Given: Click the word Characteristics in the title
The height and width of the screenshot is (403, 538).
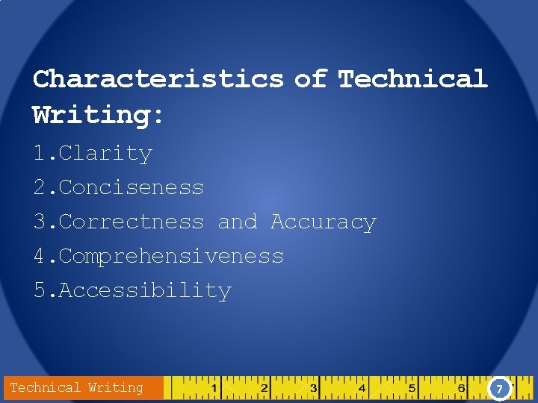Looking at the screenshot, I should (158, 78).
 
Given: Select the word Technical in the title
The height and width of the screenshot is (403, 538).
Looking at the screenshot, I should (412, 78).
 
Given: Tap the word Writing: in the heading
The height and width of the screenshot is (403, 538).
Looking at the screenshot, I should (98, 116).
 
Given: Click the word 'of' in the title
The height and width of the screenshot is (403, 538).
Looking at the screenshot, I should (311, 78).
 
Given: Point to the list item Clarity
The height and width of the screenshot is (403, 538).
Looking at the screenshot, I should (105, 154).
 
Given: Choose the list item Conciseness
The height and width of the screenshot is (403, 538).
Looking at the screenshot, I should (131, 187).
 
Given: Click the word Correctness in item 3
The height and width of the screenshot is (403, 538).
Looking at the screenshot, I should (131, 222).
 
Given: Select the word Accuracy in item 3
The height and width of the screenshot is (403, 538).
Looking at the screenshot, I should (323, 222).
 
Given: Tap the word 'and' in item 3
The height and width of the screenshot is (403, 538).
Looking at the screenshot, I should (237, 222).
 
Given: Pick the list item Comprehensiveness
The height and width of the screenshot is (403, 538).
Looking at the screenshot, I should (171, 256).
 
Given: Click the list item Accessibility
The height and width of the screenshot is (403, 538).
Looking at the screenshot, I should (145, 290).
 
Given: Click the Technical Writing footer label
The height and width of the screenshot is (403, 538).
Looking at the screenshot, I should (76, 387).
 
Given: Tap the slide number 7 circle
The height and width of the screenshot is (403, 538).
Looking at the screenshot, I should (499, 389).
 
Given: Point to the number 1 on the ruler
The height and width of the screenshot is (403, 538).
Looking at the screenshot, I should (214, 389).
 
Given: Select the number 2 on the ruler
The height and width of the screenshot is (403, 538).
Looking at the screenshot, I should (264, 389).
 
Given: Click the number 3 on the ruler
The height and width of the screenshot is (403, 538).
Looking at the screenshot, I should (313, 389).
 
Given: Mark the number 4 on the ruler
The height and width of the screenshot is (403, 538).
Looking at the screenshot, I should (362, 389).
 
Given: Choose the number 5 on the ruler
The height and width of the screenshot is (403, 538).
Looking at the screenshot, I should (412, 389).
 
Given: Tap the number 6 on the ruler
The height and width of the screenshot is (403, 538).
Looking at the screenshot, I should (462, 389).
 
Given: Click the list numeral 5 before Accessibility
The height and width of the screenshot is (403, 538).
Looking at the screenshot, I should (39, 290).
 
